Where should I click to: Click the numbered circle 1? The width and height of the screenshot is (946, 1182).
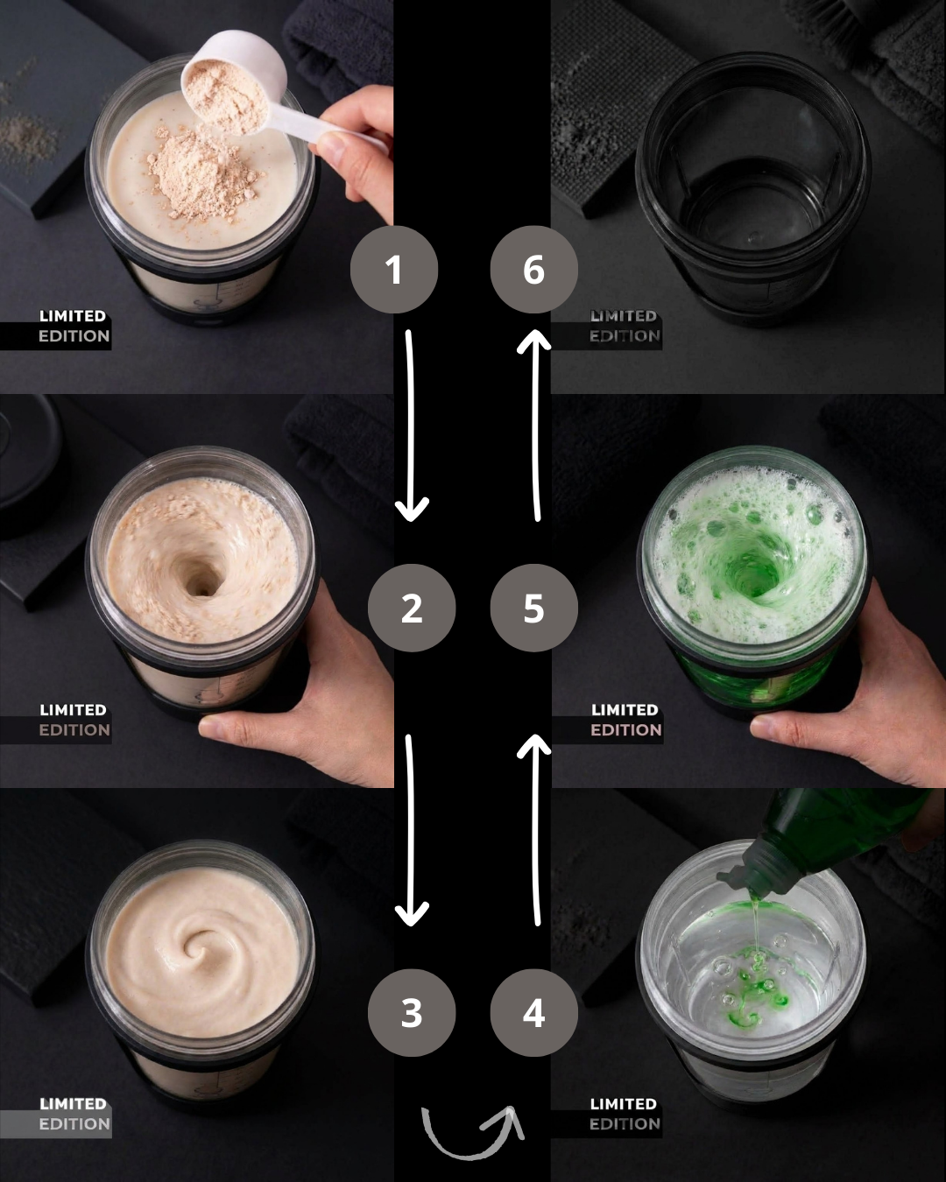(x=393, y=270)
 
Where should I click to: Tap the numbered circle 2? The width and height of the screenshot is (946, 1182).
(x=412, y=608)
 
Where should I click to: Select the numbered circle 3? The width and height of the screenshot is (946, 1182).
(x=412, y=1013)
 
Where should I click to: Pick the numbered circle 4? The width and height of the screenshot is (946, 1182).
(x=533, y=1013)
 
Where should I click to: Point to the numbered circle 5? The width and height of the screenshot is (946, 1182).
(x=533, y=608)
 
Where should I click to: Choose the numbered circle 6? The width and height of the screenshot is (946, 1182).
(x=533, y=270)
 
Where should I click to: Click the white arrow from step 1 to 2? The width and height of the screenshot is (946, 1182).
(x=411, y=426)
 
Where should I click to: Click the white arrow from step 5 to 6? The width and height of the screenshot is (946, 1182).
(x=535, y=426)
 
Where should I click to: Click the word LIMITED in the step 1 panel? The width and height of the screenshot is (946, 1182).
(x=73, y=316)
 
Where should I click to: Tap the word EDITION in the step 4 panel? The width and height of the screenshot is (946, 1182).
(x=625, y=1124)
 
